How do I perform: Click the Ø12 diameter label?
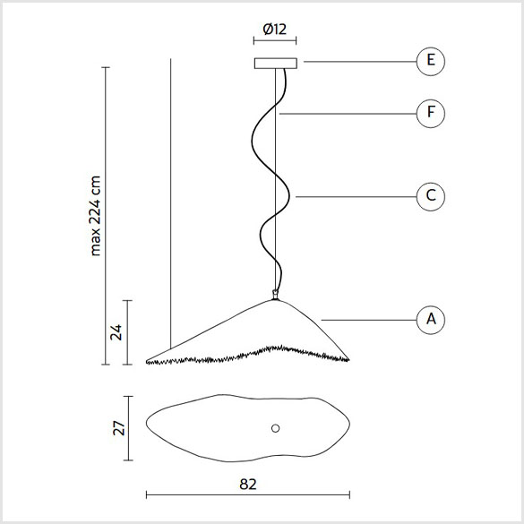tap(275, 30)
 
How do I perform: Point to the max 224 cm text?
tap(95, 216)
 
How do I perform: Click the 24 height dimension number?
tap(116, 332)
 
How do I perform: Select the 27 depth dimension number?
tap(118, 428)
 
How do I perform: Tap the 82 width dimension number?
tap(248, 485)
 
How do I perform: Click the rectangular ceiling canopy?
tap(275, 64)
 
